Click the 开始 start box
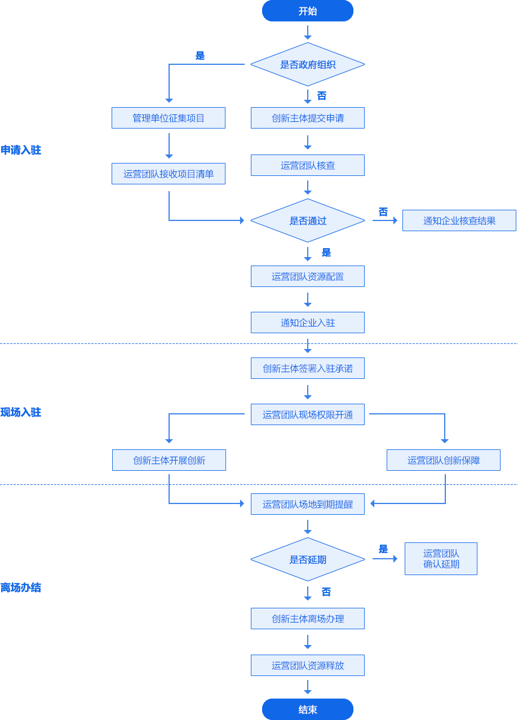click(307, 11)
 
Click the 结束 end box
click(307, 709)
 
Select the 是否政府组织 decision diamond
click(307, 64)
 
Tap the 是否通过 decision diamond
click(307, 220)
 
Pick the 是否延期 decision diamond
click(307, 559)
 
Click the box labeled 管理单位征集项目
click(169, 118)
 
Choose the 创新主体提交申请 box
click(308, 118)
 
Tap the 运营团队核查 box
click(308, 165)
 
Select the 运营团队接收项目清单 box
click(169, 174)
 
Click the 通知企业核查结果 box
click(459, 220)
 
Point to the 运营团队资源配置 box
click(308, 276)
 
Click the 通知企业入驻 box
click(308, 323)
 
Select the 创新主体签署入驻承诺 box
click(308, 368)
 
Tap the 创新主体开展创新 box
click(169, 460)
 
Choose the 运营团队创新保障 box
click(444, 460)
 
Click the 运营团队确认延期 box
click(441, 559)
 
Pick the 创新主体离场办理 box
click(308, 619)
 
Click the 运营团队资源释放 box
click(308, 665)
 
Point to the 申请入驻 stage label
click(21, 150)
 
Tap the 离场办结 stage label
click(21, 588)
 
